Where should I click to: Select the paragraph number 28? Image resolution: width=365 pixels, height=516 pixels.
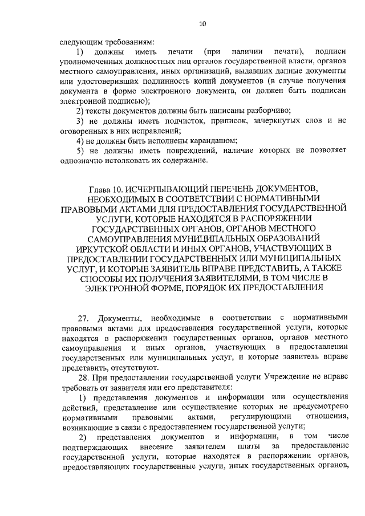pos(83,377)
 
